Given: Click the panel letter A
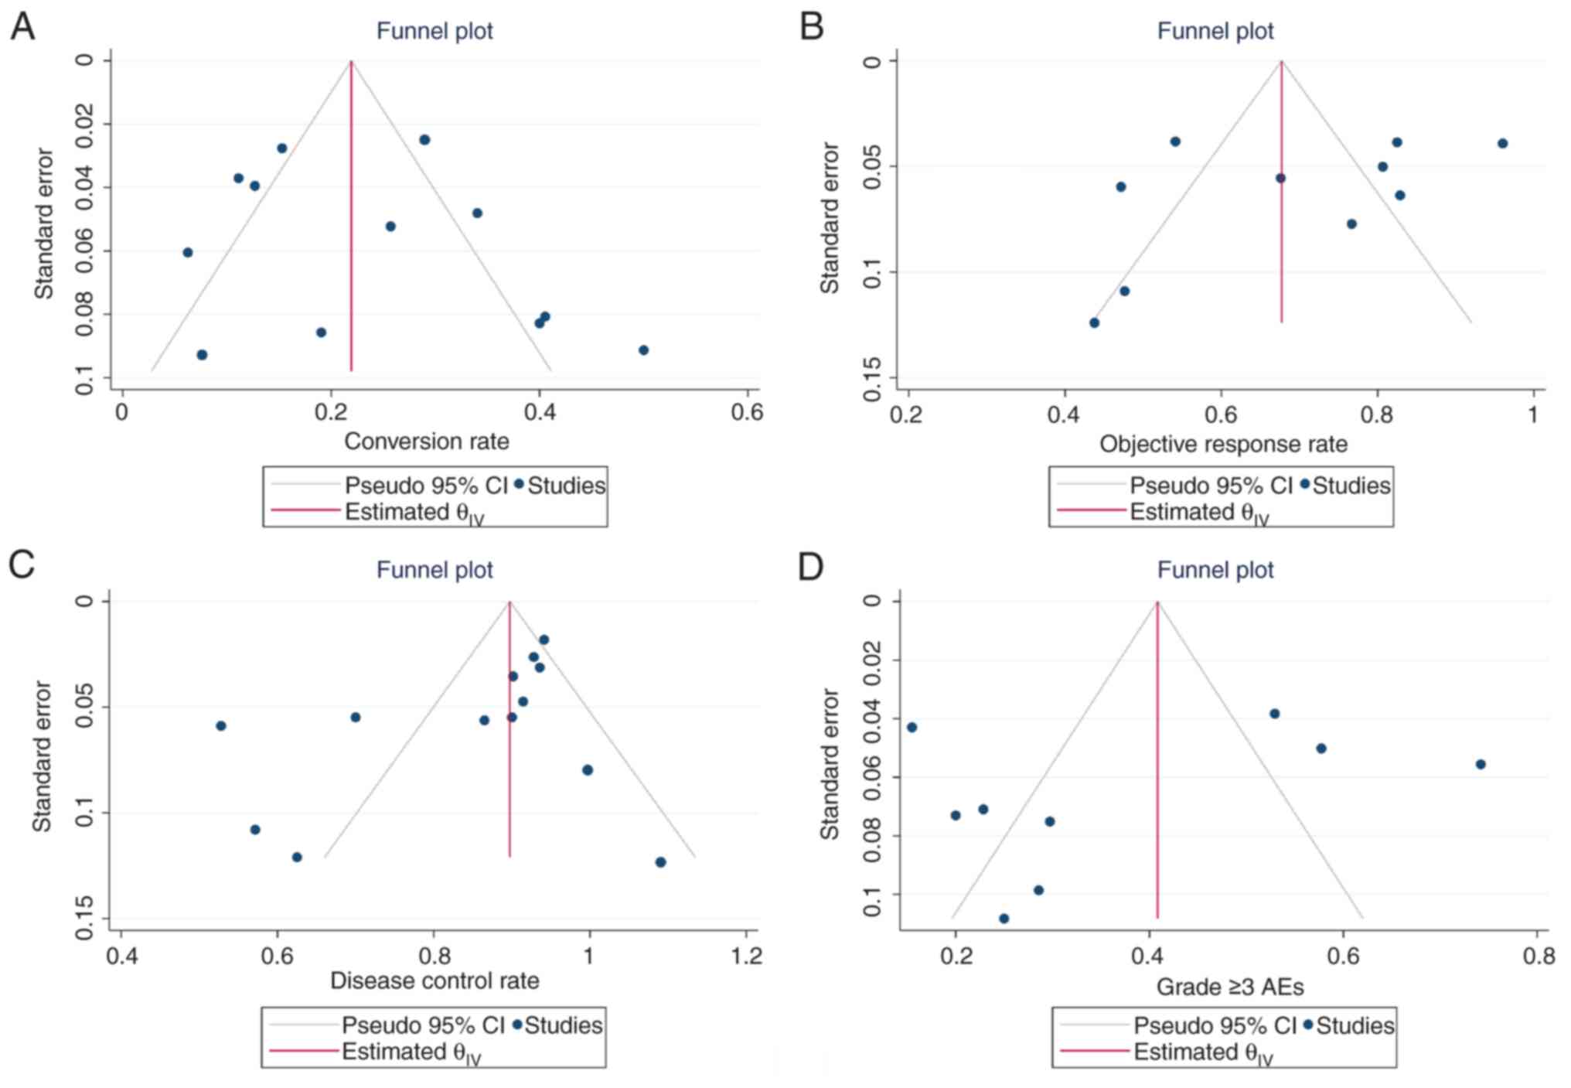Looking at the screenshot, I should (22, 27).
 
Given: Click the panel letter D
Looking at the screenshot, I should (811, 567).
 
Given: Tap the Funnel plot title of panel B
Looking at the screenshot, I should (1215, 31).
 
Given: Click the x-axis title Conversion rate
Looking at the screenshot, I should (426, 442).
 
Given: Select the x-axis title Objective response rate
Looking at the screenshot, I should (1223, 444).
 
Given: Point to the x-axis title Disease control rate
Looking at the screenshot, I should (434, 981).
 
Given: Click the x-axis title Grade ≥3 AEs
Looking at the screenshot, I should (1229, 987).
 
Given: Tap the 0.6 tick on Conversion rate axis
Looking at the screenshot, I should (747, 411).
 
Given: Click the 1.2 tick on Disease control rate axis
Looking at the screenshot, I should (746, 956).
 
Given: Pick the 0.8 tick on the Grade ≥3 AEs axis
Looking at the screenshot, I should (1539, 956).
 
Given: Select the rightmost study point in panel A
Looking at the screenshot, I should (643, 350).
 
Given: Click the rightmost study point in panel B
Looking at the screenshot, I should (1502, 143).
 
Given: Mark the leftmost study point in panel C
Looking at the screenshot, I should (221, 725).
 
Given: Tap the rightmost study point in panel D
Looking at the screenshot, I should (1481, 764).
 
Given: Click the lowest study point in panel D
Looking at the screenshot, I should (1004, 919).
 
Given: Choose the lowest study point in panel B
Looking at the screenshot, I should (1094, 322).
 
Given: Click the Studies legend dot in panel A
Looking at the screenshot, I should (519, 484).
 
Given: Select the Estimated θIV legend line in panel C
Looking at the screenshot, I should (304, 1051).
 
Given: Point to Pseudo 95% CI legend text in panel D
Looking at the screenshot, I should (1214, 1025).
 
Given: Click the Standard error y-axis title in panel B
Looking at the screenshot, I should (830, 218).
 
